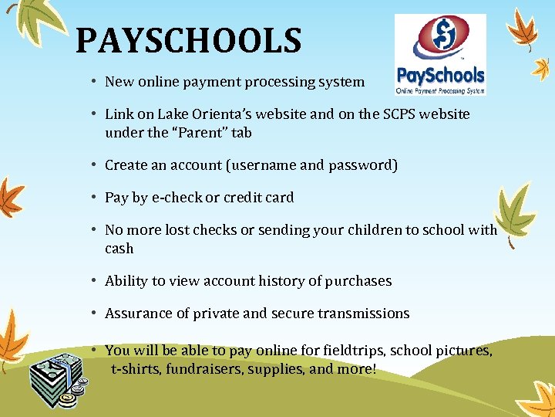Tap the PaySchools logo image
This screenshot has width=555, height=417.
pos(440,54)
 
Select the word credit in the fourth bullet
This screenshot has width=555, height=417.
pos(242,198)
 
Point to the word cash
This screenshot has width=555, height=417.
pos(119,249)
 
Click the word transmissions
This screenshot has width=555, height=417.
pos(360,314)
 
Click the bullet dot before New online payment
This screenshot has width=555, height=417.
pos(92,81)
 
